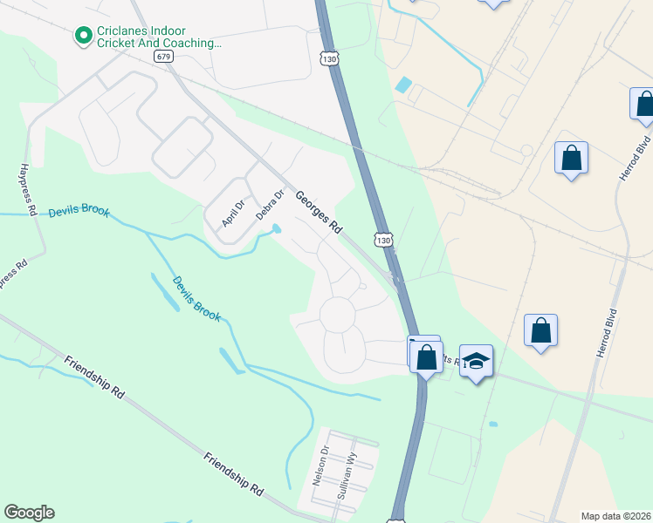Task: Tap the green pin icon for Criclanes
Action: coord(84,36)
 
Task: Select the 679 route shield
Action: coord(163,56)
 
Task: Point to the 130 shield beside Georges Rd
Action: coord(384,238)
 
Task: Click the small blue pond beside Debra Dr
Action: coord(277,229)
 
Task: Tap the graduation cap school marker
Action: coord(477,361)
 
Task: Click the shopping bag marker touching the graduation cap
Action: coord(427,357)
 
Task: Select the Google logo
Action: coord(29,513)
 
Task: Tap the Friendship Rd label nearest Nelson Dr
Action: coord(233,474)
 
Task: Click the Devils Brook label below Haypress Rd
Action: coord(79,211)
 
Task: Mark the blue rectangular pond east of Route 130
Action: coord(402,85)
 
